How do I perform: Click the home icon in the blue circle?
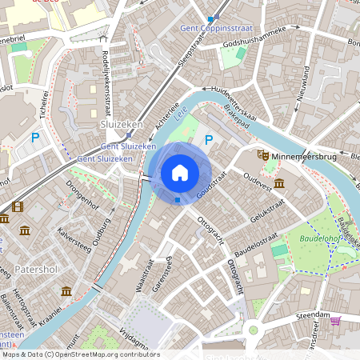(180, 172)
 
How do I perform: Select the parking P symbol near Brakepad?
(209, 140)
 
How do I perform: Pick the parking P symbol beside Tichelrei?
(35, 138)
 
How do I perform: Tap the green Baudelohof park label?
(319, 238)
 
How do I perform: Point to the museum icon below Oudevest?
(278, 184)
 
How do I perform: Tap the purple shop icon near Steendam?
(335, 322)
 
